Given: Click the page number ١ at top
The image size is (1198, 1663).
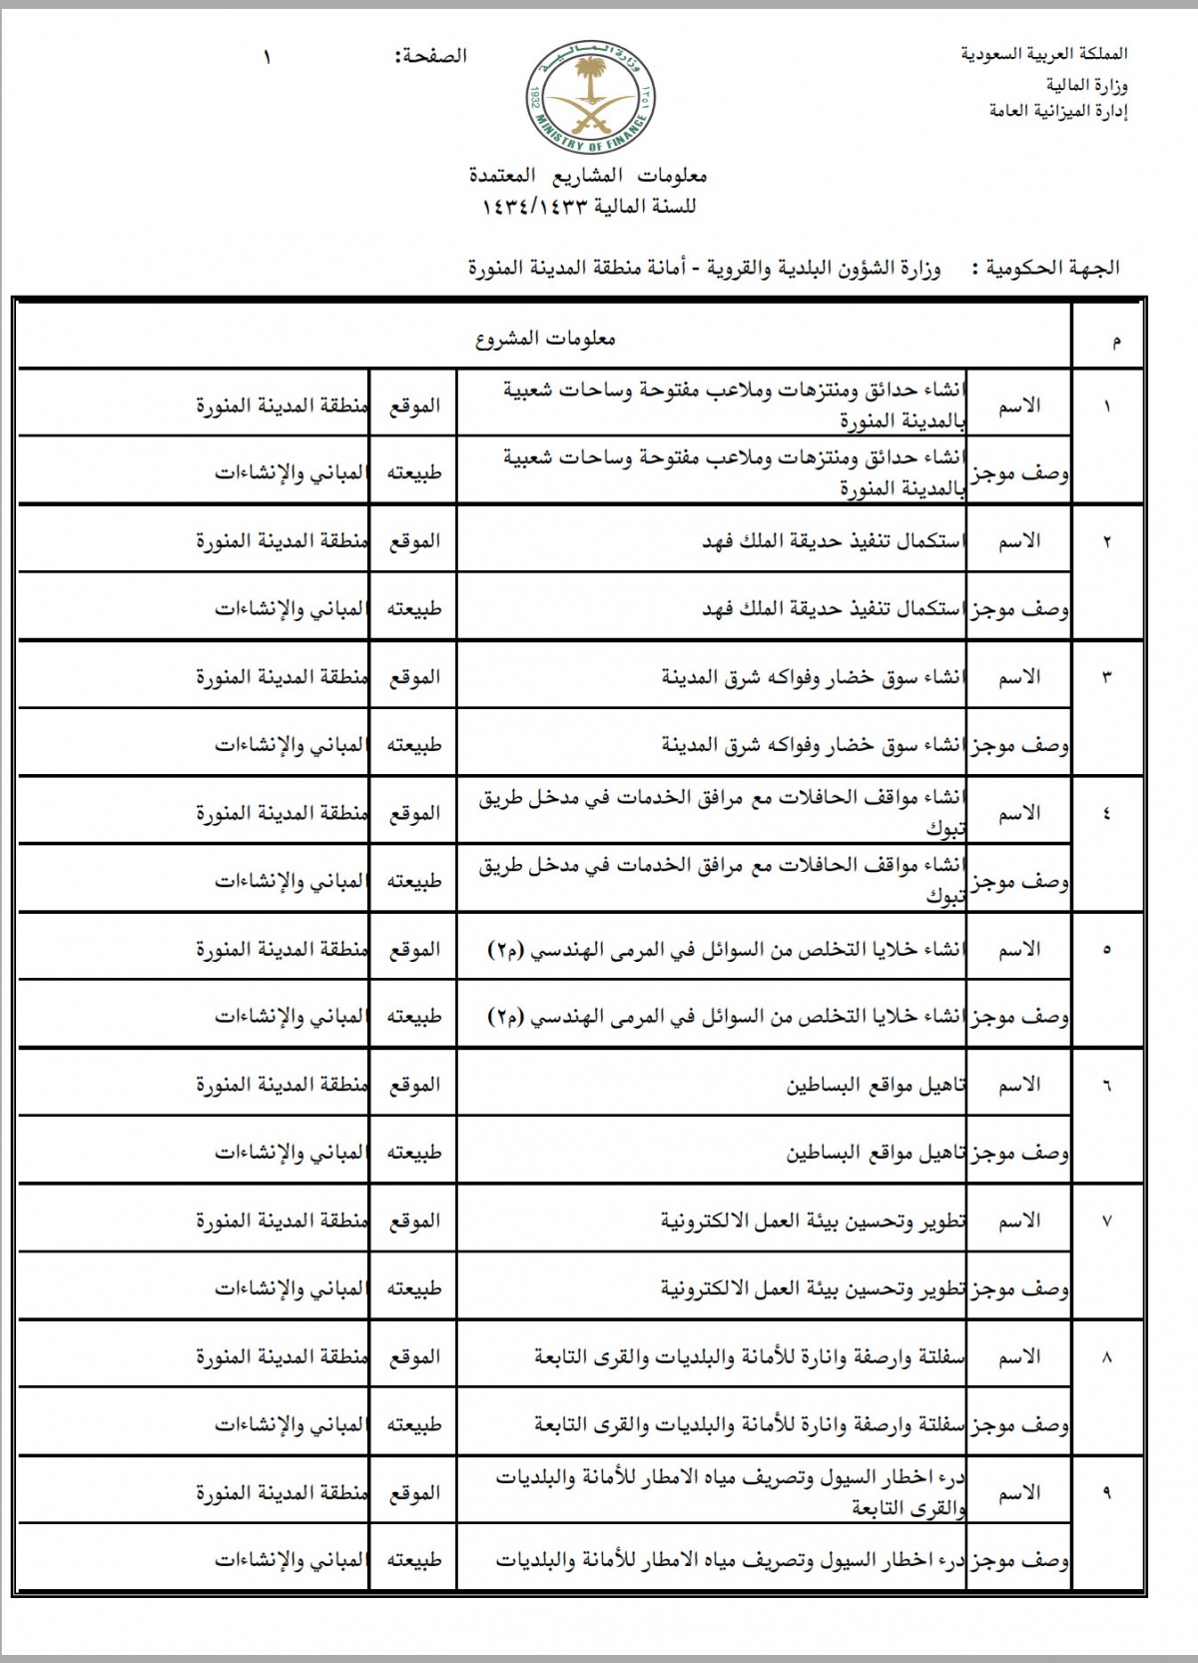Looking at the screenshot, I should pyautogui.click(x=268, y=57).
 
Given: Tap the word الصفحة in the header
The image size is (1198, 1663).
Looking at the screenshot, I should pyautogui.click(x=431, y=57).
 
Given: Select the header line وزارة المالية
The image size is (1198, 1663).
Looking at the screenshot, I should pyautogui.click(x=1082, y=85).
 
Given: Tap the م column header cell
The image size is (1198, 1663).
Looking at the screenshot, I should pyautogui.click(x=1115, y=342).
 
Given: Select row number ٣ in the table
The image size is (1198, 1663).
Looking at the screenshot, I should pyautogui.click(x=1106, y=677).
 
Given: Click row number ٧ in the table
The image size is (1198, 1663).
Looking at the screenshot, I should pyautogui.click(x=1106, y=1221).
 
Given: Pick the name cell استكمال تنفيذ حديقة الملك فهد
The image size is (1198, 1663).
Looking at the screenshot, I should pyautogui.click(x=833, y=541).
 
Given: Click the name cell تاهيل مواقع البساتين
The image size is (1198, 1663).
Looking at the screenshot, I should pyautogui.click(x=876, y=1085).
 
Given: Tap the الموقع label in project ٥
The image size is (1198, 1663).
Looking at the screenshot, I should pyautogui.click(x=414, y=949).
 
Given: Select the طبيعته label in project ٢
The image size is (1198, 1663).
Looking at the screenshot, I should pyautogui.click(x=414, y=608).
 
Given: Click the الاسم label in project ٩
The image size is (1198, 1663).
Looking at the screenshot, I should pyautogui.click(x=1019, y=1492).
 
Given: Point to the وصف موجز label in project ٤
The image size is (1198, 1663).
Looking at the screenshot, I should pyautogui.click(x=1019, y=881).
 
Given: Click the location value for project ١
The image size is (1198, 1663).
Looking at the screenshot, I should pyautogui.click(x=283, y=406).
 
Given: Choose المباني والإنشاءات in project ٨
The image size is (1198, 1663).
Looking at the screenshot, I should pyautogui.click(x=290, y=1424).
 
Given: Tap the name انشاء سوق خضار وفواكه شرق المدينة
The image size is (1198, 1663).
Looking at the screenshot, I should pyautogui.click(x=813, y=677).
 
